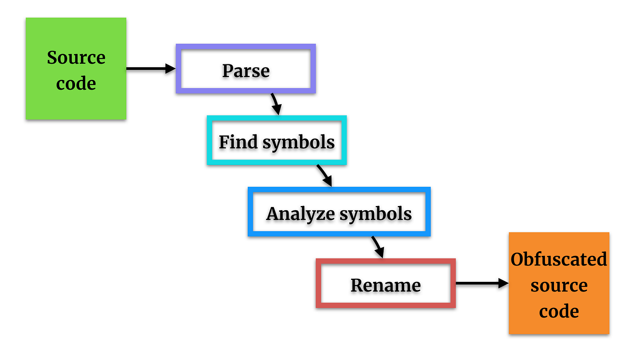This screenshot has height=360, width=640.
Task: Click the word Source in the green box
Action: [x=76, y=58]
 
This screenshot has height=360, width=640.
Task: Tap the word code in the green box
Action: [x=76, y=84]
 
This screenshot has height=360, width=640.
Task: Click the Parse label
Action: [x=246, y=71]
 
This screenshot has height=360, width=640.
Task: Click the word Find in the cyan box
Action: [x=238, y=142]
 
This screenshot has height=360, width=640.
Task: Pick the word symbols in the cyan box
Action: [x=299, y=143]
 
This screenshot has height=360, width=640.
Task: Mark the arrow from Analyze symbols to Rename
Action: [x=378, y=247]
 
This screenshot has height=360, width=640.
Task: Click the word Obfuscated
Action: [x=559, y=259]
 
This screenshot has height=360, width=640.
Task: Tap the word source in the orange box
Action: [x=559, y=286]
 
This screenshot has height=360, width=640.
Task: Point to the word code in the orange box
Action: [x=559, y=312]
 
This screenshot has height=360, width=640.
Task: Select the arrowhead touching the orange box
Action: [x=504, y=284]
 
